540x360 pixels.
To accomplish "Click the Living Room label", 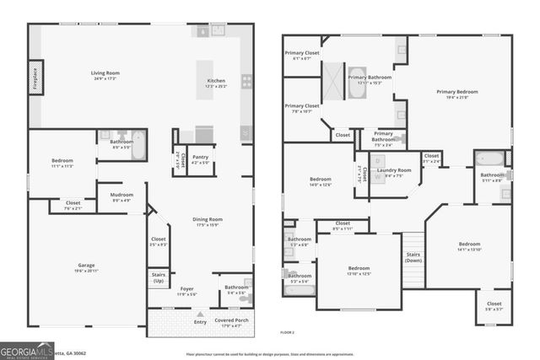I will pos(105,73).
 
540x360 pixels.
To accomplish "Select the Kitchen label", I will pos(217,81).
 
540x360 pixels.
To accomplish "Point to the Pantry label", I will pos(200,157).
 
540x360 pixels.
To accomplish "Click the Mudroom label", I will pos(121,195).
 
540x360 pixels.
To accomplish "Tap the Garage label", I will pos(79,265).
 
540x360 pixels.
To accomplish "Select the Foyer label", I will pos(186,288).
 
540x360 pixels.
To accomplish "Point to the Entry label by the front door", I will pos(200,321).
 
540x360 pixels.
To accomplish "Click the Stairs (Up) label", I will pos(158,276).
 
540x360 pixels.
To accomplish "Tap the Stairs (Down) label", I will pos(413,255).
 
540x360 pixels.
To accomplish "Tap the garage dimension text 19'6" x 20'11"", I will pos(79,271).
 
